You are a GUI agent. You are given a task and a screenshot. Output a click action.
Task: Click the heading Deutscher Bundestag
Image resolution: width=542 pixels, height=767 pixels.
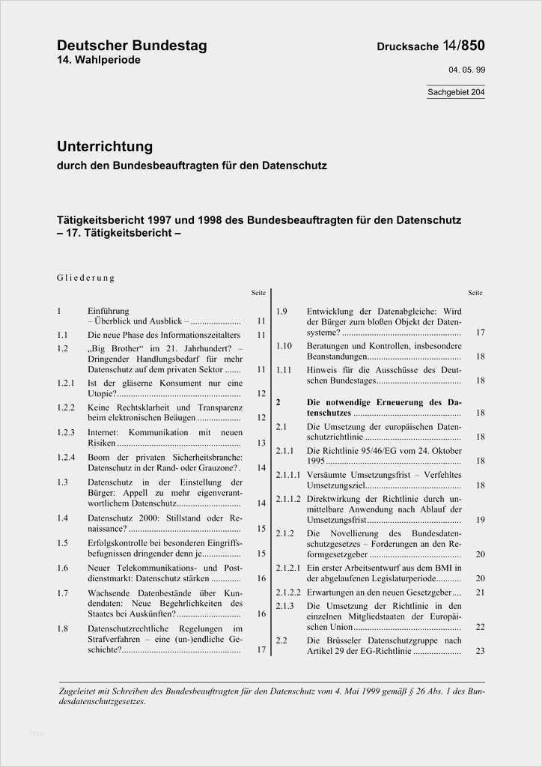click(x=132, y=46)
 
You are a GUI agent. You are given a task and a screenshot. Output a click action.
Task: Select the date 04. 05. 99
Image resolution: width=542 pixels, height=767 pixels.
click(x=466, y=70)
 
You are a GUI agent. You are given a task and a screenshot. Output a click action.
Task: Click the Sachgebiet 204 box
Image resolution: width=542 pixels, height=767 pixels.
click(x=456, y=93)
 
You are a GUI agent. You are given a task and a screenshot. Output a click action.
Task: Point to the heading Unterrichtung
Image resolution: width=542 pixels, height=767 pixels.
click(x=105, y=146)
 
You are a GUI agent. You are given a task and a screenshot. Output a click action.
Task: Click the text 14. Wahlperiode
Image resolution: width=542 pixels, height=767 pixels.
click(x=98, y=60)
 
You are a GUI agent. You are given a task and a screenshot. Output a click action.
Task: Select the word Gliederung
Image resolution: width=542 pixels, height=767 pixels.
click(x=86, y=278)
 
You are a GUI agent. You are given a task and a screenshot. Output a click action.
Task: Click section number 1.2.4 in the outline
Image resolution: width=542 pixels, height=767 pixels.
click(x=67, y=457)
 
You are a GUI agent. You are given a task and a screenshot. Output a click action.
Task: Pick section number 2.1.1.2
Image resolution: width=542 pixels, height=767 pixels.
click(x=288, y=498)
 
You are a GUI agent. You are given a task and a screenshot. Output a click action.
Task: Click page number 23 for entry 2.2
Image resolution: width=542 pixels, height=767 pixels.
click(x=480, y=651)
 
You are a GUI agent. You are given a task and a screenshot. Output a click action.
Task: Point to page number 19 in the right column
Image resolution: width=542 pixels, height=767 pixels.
click(x=480, y=519)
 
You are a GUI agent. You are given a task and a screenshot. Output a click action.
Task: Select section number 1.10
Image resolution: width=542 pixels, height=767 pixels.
click(x=283, y=345)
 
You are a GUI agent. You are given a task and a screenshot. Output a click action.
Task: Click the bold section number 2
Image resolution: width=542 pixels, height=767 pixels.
click(x=278, y=402)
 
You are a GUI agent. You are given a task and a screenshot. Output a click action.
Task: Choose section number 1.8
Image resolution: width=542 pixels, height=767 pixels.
click(x=63, y=628)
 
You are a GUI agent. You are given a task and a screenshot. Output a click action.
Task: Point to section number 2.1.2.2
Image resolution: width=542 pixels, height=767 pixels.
click(x=288, y=592)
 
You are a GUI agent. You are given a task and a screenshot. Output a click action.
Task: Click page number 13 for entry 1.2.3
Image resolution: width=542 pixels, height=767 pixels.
click(x=261, y=443)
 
